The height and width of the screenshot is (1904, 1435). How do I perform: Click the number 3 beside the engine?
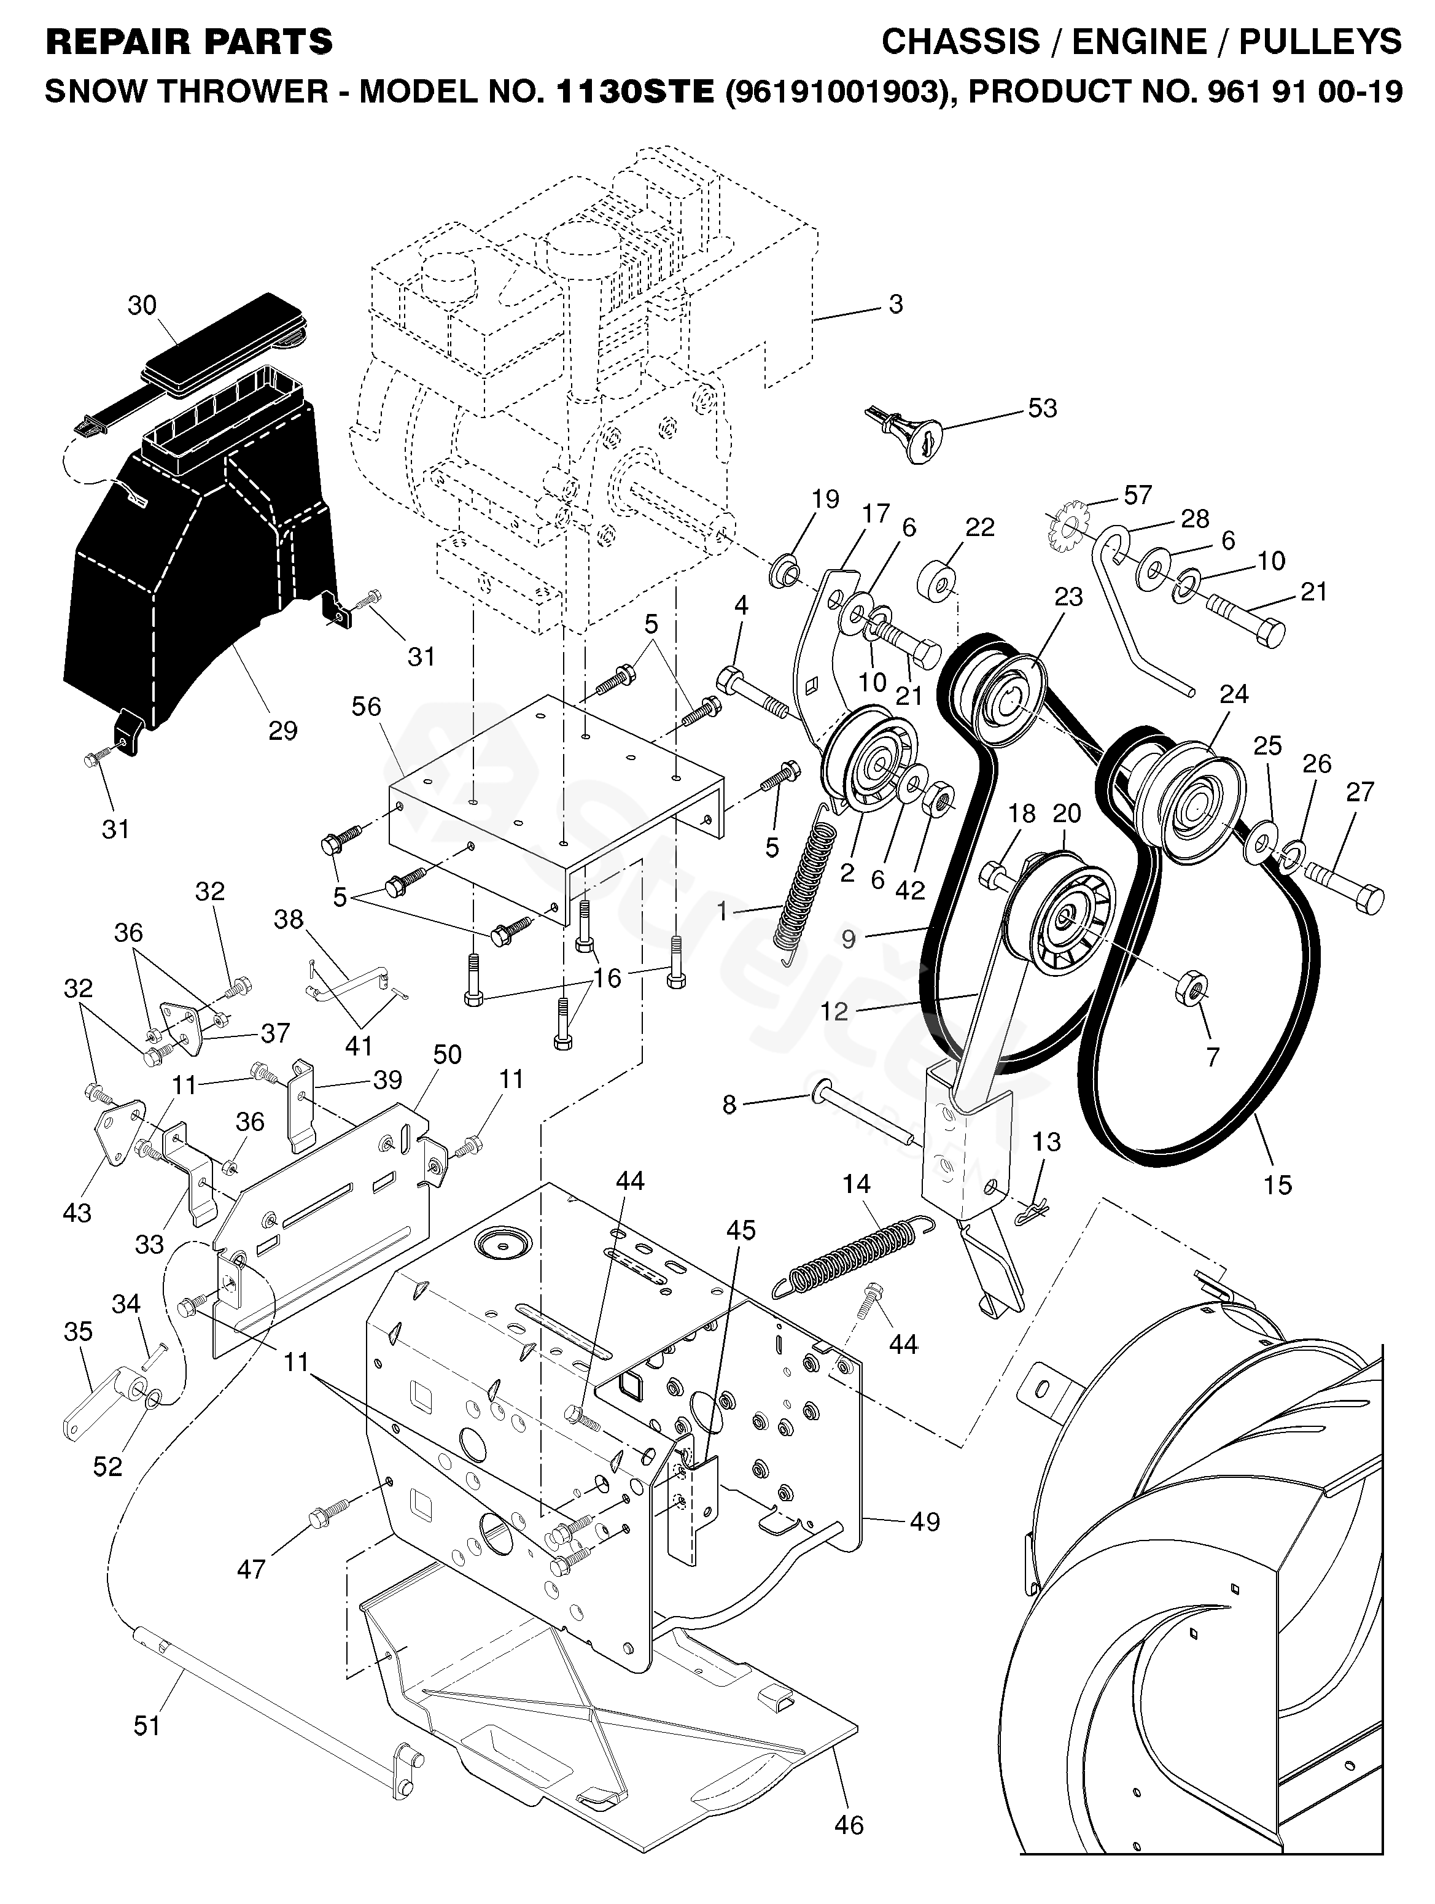click(895, 304)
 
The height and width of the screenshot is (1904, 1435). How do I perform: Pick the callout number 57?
click(1137, 495)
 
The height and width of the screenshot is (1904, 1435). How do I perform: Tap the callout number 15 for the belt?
click(1277, 1184)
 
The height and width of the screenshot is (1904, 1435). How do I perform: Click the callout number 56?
click(367, 706)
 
